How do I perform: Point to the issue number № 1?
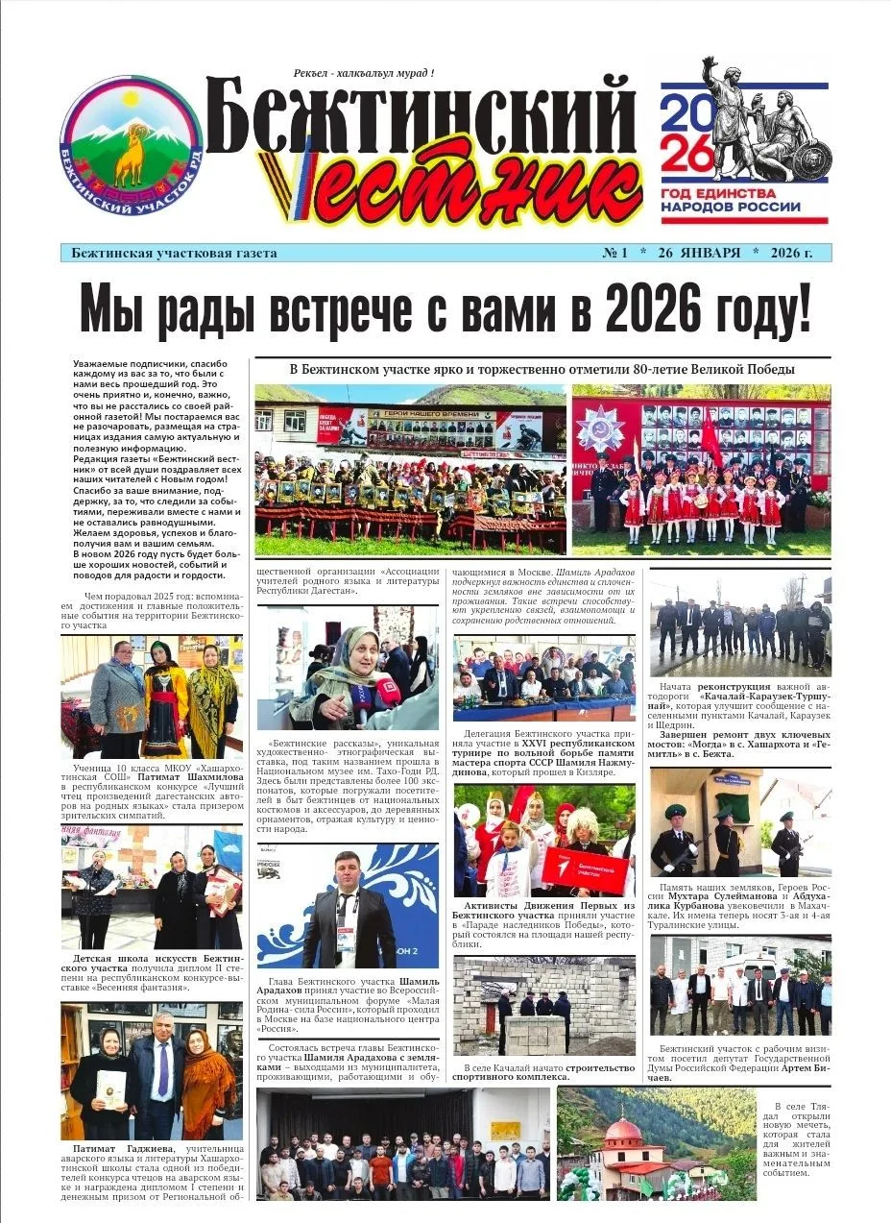614,254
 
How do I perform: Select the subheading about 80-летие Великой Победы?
542,369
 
